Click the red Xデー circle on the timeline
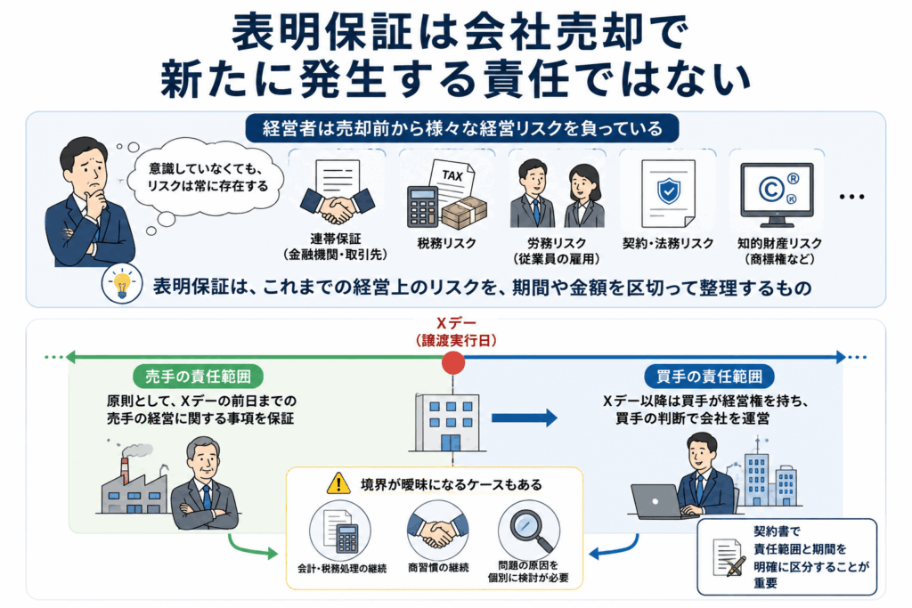[453, 362]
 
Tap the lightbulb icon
[122, 284]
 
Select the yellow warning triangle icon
[338, 483]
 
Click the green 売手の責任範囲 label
[198, 377]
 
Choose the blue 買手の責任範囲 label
[709, 377]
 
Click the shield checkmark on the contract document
[669, 191]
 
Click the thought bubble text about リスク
[208, 177]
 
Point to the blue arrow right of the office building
[524, 417]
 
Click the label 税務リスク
[447, 243]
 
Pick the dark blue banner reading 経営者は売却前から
[462, 128]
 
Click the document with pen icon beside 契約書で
[729, 557]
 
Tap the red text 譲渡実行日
[456, 341]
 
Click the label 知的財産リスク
[779, 243]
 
